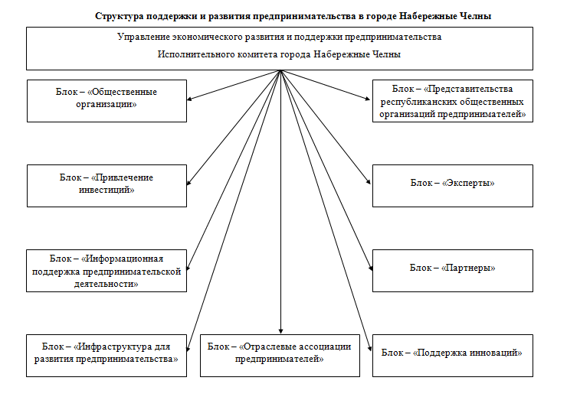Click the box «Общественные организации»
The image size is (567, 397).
[107, 99]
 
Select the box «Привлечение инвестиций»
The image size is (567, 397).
[107, 185]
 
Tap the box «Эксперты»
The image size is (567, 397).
[452, 185]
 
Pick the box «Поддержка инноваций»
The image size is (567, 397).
[452, 354]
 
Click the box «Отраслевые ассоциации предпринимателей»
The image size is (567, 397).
[280, 354]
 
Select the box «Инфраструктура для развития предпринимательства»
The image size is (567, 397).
[107, 354]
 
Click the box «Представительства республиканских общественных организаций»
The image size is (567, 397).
[452, 99]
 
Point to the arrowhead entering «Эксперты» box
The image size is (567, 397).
[370, 184]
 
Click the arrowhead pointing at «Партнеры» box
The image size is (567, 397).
[370, 268]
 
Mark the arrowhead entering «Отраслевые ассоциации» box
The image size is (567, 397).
[280, 330]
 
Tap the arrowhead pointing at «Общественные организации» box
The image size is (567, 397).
[190, 99]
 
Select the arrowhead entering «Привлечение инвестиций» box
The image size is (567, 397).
[190, 184]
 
